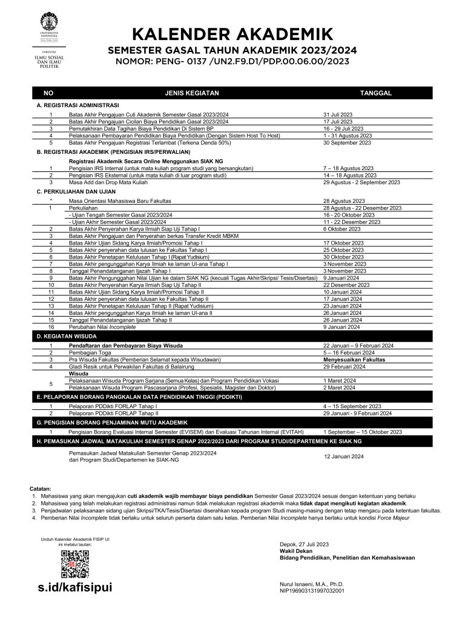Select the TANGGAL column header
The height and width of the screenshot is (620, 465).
pos(376,93)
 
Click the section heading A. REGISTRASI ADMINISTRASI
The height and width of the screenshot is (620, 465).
pos(78,105)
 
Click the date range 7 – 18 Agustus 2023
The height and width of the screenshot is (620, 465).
pos(348,168)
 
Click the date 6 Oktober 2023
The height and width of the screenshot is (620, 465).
pos(343,229)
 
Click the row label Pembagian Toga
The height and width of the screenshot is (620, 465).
pos(89,352)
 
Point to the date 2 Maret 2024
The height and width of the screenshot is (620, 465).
pos(340,387)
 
